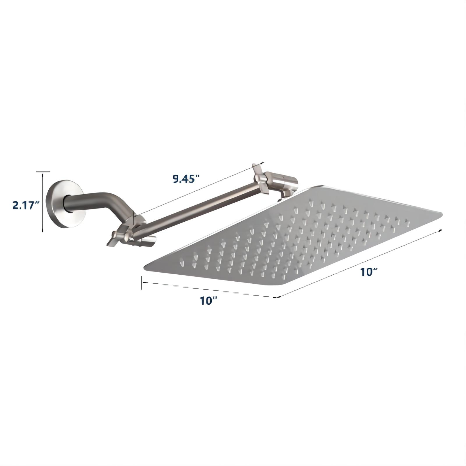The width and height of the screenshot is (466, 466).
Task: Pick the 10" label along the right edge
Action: [369, 272]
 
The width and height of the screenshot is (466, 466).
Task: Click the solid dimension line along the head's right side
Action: [358, 264]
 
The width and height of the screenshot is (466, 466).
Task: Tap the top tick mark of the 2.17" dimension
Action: [43, 172]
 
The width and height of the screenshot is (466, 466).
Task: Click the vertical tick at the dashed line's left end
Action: [142, 283]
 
